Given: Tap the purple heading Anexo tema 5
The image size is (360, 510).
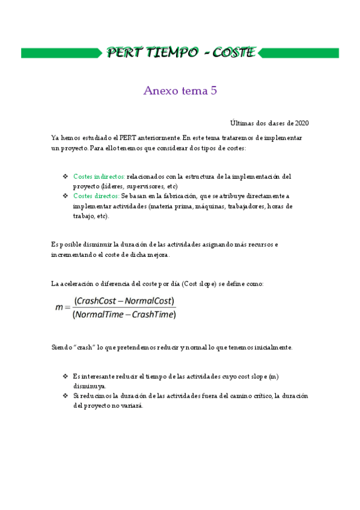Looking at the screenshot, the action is pos(180,91).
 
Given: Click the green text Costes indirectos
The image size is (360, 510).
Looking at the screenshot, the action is pos(99,177).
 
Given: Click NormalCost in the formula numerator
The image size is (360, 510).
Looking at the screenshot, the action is pos(150,301).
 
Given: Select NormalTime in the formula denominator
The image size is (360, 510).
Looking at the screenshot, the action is pos(99,314).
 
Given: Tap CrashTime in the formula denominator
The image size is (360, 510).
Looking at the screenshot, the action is pos(153,314).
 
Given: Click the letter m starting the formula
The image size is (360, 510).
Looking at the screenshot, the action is pos(59,307).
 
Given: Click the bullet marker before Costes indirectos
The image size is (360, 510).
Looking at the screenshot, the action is pos(65,177).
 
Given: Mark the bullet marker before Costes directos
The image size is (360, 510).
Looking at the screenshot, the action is pos(65,196).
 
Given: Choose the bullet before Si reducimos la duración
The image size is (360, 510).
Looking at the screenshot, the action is pos(65,396).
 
